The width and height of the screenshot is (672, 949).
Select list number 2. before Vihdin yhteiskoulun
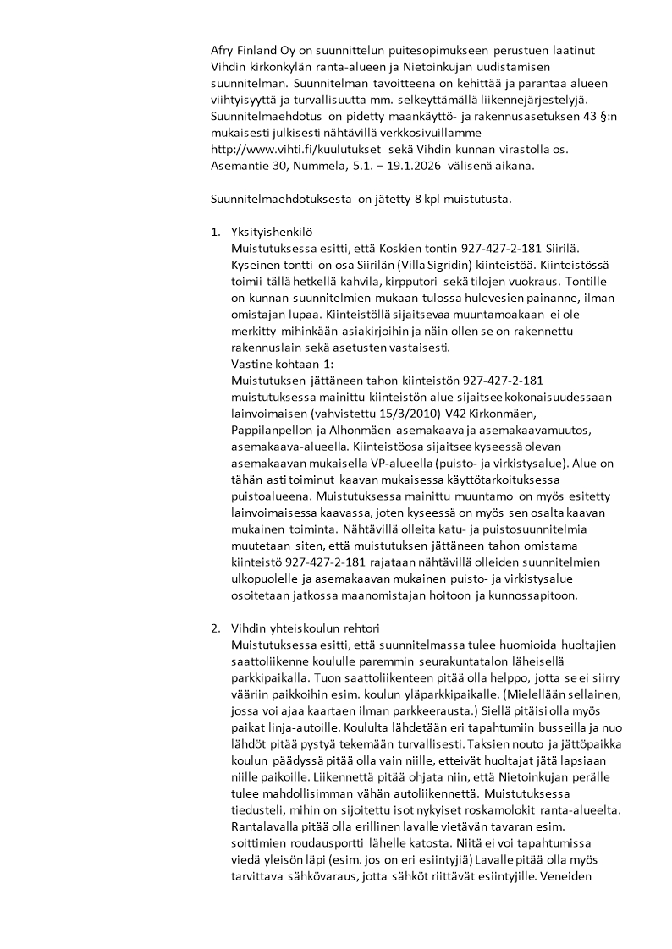tap(215, 628)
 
